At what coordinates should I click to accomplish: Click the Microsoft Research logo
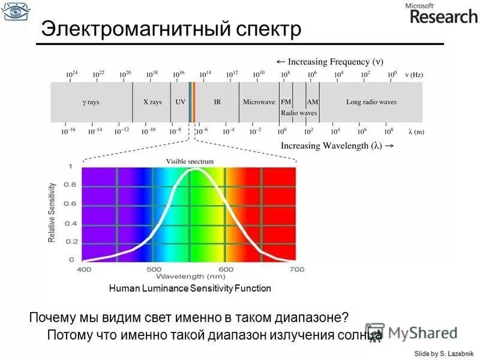[443, 14]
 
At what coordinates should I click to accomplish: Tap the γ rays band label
[91, 102]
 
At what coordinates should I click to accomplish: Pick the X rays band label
[152, 102]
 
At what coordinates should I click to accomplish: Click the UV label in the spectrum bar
[180, 102]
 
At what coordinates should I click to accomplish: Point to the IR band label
[217, 102]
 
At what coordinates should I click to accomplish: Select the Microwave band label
[259, 102]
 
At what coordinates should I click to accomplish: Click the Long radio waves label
[371, 102]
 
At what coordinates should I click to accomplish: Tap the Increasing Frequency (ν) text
[329, 61]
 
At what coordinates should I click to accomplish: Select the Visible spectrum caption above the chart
[190, 161]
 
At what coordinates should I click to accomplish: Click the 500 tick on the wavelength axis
[154, 269]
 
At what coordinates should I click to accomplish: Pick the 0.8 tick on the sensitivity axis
[70, 185]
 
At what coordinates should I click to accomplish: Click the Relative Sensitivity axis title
[52, 214]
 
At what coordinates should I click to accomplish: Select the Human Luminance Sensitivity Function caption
[190, 289]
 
